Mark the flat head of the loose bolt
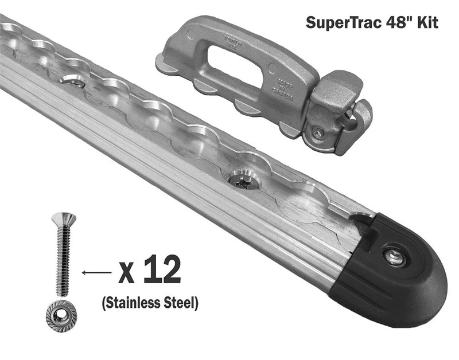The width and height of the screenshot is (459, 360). (63, 217)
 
